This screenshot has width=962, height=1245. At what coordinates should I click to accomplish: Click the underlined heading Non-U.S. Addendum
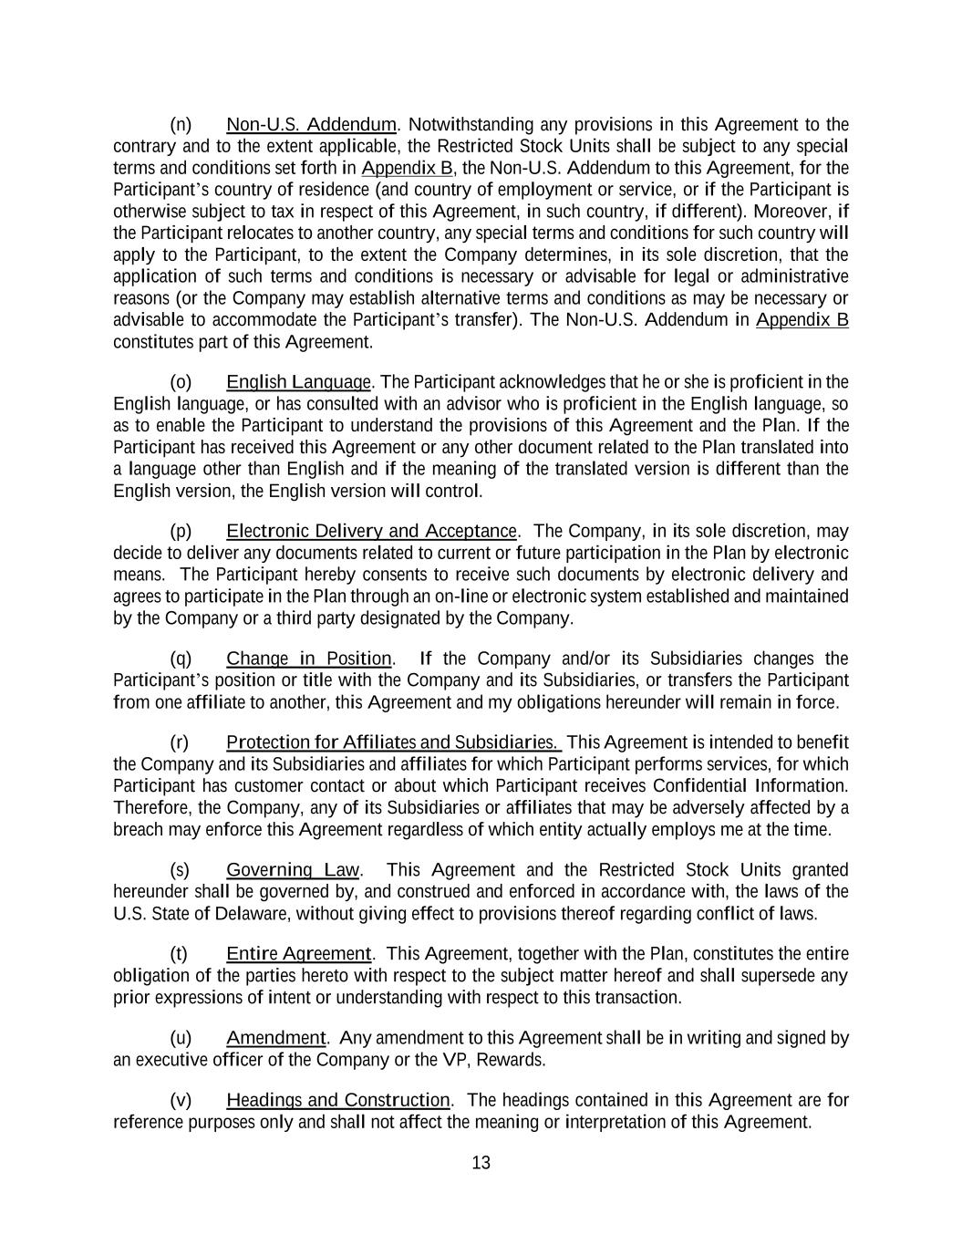click(311, 124)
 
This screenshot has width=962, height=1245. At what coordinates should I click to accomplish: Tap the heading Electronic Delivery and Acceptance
click(371, 531)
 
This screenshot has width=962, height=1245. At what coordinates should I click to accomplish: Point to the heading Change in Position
click(309, 659)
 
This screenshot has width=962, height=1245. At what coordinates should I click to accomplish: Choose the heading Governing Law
click(293, 870)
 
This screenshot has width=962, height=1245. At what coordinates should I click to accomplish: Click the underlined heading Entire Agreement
click(298, 954)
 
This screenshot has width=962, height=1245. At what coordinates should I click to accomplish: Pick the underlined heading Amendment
click(275, 1038)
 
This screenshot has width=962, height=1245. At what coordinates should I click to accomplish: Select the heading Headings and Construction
click(337, 1100)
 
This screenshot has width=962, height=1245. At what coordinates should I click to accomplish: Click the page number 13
click(481, 1163)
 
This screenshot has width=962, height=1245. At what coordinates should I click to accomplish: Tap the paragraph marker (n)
click(181, 124)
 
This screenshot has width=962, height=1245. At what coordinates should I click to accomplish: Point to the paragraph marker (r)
click(180, 742)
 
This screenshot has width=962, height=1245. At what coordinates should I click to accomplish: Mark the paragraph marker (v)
click(181, 1100)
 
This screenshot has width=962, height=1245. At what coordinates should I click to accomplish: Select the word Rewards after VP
click(513, 1060)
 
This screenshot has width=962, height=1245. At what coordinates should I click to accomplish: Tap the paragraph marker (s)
click(180, 870)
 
